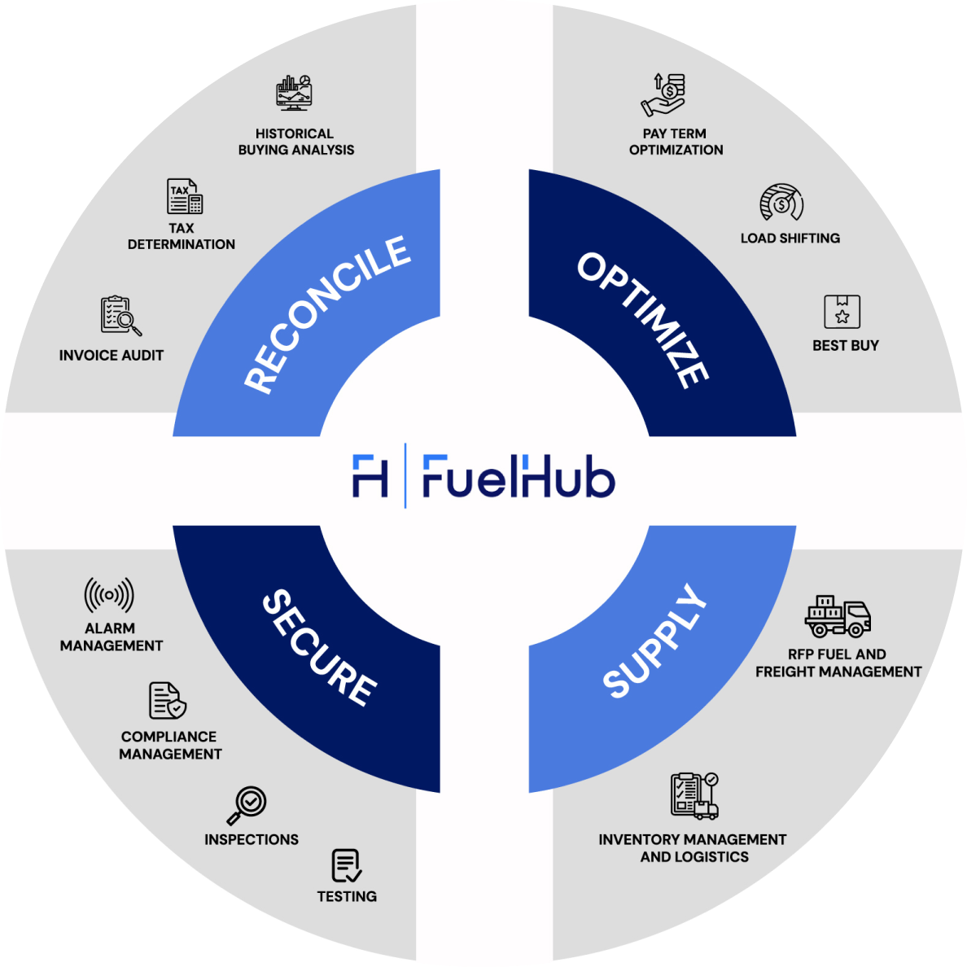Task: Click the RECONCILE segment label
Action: coord(327,314)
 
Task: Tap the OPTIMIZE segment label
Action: coord(643,319)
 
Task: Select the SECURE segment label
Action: coord(320,647)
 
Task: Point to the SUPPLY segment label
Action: coord(654,641)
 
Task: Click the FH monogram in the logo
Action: coord(370,476)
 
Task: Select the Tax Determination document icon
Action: coord(185,196)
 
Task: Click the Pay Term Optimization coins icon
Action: coord(665,94)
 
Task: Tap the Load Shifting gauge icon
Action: coord(781,203)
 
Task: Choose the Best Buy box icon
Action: coord(842,312)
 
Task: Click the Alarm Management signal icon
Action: coord(109,596)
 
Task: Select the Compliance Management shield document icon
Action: coord(168,701)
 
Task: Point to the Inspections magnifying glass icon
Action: coord(247,805)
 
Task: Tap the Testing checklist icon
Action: coord(347,865)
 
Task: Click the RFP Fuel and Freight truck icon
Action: coord(838,616)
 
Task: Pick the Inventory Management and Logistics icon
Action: coord(694,795)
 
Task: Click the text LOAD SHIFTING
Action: coord(790,238)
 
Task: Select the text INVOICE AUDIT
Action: coord(112,356)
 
